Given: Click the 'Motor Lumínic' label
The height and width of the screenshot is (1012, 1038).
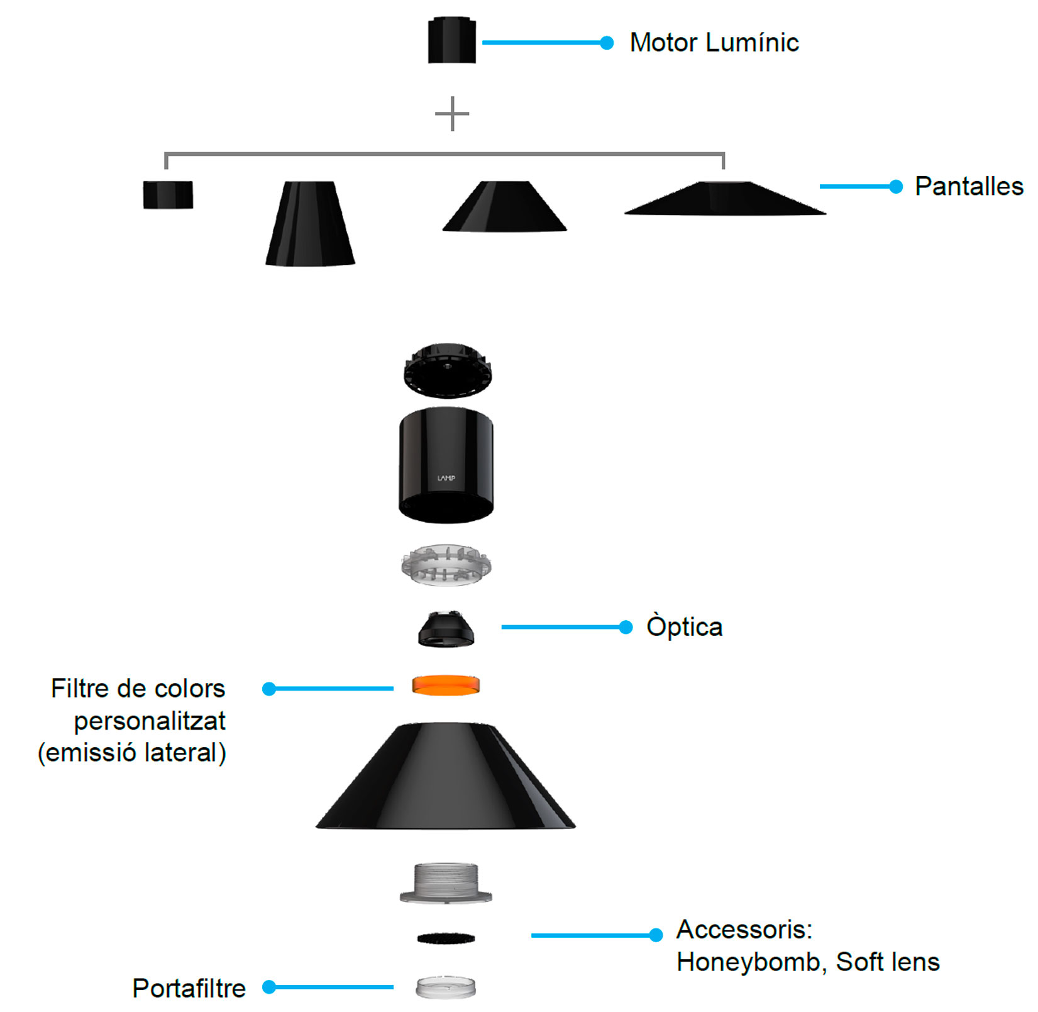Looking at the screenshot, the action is click(x=714, y=43).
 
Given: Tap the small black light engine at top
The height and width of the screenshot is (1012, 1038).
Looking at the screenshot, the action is click(x=451, y=40).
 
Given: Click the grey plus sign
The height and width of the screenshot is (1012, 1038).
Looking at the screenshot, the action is click(x=452, y=114).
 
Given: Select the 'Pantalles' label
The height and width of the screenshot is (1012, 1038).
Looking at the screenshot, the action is click(x=969, y=186).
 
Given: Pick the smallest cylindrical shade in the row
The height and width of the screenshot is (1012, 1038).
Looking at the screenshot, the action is click(x=168, y=195).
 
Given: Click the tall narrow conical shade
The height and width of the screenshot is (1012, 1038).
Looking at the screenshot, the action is click(x=310, y=223).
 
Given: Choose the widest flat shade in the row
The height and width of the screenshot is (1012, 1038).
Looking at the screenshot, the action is click(x=725, y=199).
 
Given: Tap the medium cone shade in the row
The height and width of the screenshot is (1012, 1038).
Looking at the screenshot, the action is click(x=505, y=206).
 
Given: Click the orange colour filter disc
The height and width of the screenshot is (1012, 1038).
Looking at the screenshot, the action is click(x=446, y=685).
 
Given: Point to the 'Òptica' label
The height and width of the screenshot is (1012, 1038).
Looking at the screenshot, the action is click(x=685, y=627).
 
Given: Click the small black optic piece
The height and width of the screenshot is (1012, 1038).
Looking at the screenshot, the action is click(x=446, y=628).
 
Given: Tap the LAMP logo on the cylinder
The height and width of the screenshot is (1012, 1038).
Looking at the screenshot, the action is click(x=446, y=478).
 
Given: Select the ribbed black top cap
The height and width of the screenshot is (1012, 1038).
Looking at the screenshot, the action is click(x=447, y=370).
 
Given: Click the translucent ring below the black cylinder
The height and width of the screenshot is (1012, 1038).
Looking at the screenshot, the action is click(x=446, y=565).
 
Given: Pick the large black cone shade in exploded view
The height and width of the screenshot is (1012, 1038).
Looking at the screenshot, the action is click(x=446, y=776).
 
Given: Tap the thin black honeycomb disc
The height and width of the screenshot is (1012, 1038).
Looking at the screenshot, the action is click(x=446, y=938).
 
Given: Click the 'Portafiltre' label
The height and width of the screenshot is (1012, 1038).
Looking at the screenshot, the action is click(x=189, y=988).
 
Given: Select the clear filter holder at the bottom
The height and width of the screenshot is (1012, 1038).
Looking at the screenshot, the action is click(x=446, y=987).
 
